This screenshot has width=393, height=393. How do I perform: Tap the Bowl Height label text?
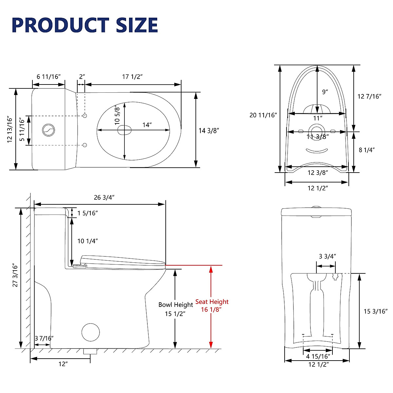coord(176,305)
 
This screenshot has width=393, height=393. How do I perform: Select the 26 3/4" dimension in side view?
coord(104,197)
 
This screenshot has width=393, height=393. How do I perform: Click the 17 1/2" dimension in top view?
coord(132,77)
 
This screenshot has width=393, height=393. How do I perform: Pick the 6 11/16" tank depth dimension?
coord(49,77)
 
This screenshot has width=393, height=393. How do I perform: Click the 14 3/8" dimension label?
coord(209,130)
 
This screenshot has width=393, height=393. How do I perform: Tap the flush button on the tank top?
coord(48,130)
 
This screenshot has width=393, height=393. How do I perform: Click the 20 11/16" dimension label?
coord(263,115)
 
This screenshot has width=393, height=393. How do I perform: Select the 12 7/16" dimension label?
coord(369,96)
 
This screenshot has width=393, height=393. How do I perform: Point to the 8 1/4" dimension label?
coord(366,150)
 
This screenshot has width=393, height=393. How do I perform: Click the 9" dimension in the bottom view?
coord(325,92)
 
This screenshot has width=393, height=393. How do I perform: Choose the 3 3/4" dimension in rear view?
coord(327,256)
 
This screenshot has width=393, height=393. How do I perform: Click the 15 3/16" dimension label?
coord(376,311)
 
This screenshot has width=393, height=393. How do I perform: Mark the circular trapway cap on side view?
coord(90,332)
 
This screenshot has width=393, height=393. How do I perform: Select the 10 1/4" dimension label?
coord(87,241)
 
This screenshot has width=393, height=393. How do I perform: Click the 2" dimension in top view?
coord(82,77)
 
